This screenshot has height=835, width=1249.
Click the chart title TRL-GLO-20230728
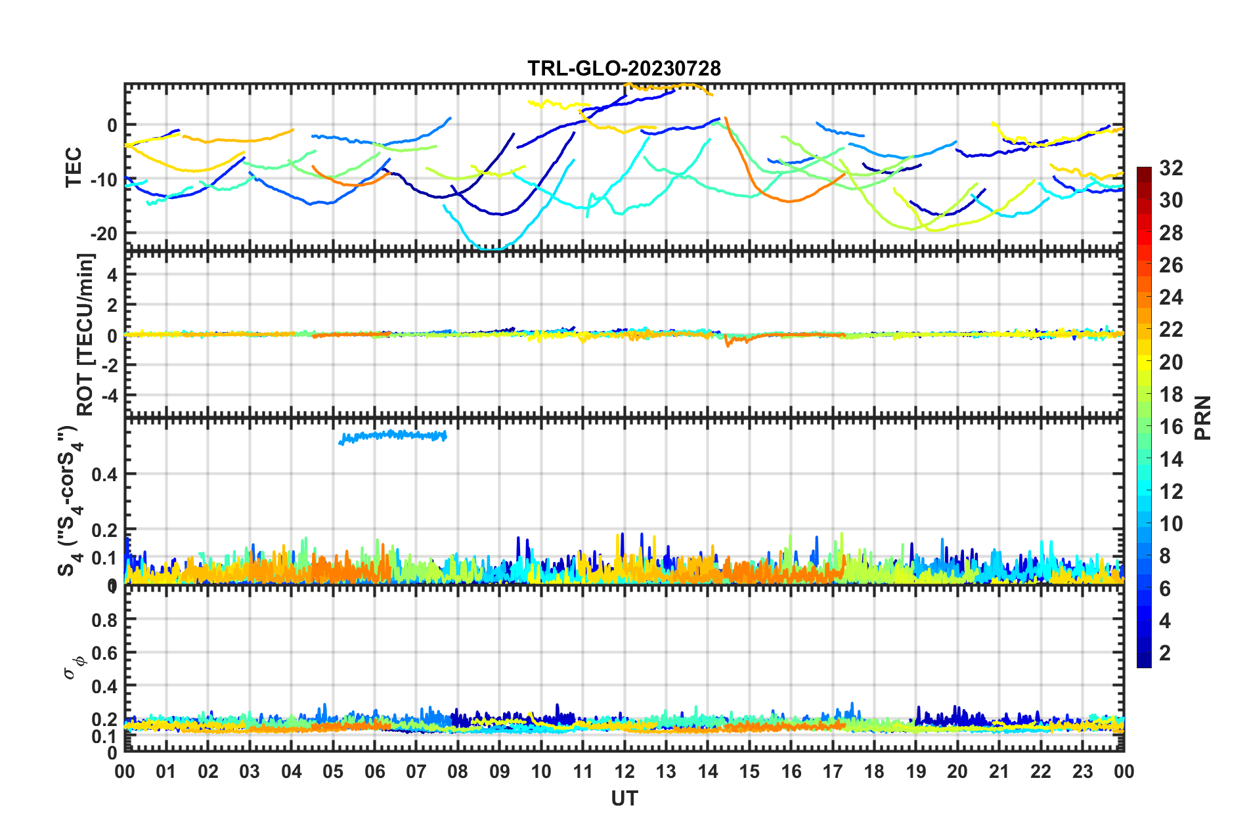[624, 68]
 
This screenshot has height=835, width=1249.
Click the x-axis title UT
[624, 798]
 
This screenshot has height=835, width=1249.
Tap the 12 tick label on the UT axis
[624, 771]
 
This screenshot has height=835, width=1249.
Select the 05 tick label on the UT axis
[333, 771]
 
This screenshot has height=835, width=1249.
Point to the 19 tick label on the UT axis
[915, 771]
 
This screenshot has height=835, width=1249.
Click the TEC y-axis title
[74, 167]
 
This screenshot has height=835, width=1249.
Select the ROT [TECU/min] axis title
[86, 335]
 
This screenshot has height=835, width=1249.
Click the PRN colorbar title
[1203, 417]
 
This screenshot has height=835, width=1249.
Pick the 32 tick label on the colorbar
[1170, 168]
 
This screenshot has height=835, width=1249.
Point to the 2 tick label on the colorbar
[1165, 653]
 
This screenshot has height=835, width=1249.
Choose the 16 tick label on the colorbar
[1170, 427]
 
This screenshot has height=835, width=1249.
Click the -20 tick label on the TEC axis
[104, 234]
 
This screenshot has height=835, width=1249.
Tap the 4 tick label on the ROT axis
[112, 275]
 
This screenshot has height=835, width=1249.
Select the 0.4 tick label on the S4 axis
[104, 474]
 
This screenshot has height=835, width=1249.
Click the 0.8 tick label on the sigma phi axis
[104, 620]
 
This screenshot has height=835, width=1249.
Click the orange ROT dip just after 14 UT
[728, 342]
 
